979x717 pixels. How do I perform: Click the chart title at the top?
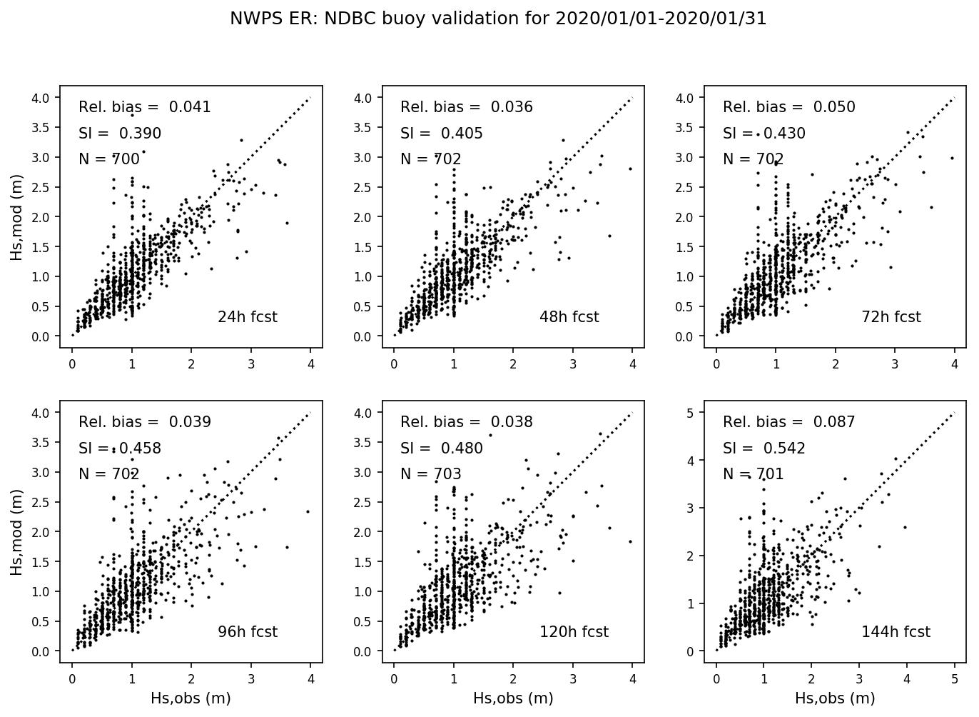[498, 19]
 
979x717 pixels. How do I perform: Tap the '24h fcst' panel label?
[247, 317]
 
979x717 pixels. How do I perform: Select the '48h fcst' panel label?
[569, 317]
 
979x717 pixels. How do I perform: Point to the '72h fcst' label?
[891, 317]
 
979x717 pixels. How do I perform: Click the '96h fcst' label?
[247, 632]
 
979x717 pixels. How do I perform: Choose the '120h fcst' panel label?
[574, 632]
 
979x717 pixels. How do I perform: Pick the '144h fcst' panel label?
[896, 632]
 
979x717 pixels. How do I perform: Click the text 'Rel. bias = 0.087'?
[788, 422]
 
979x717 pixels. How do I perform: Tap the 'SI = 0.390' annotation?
[120, 134]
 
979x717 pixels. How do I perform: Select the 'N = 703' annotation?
[431, 474]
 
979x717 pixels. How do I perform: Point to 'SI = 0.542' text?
[764, 448]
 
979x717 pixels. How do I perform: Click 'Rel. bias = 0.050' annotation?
[788, 107]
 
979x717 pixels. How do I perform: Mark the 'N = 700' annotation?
[108, 159]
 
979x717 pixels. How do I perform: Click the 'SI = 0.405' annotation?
[442, 134]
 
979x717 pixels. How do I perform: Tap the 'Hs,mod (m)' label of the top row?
[16, 217]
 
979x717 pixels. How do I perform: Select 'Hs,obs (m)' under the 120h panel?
[513, 698]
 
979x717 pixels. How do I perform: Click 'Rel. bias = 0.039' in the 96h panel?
[145, 422]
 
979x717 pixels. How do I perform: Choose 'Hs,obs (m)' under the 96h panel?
[191, 698]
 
